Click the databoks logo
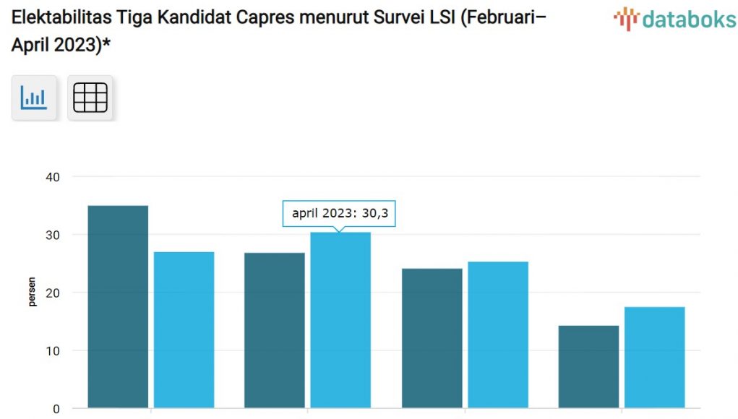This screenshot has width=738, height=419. (x=674, y=19)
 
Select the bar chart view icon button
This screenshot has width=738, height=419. (x=34, y=98)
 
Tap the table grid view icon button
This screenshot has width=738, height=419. (x=90, y=98)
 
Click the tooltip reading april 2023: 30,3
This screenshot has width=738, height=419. (x=339, y=213)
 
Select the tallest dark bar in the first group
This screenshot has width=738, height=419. (x=118, y=307)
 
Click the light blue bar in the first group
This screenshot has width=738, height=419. (x=184, y=330)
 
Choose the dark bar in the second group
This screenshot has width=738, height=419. (x=275, y=330)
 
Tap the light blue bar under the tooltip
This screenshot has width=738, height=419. (x=340, y=320)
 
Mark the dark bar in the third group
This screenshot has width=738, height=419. (x=432, y=338)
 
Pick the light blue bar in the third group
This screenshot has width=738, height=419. (x=498, y=334)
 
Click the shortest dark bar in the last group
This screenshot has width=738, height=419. (x=588, y=367)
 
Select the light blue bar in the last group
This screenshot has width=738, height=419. (x=655, y=358)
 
